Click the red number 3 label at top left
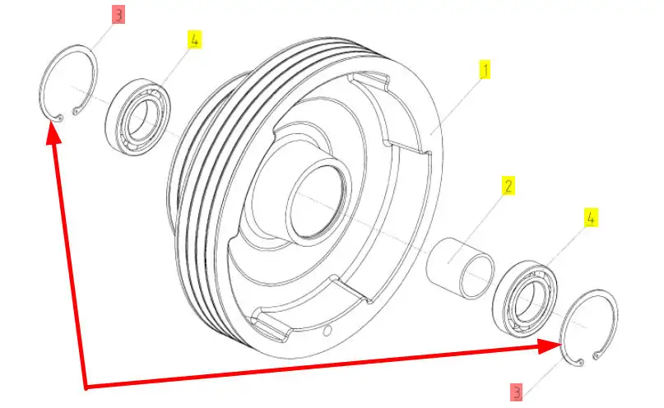[x=118, y=15]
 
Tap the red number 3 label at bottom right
[x=516, y=392]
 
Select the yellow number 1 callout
[x=485, y=70]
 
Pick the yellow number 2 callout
[x=508, y=185]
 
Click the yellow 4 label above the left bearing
[x=194, y=39]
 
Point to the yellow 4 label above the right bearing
[x=591, y=217]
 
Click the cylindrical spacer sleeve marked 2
[x=460, y=268]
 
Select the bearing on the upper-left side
[x=137, y=114]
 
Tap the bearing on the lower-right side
[x=525, y=299]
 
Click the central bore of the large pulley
[x=316, y=201]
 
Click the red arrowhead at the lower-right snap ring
[x=550, y=346]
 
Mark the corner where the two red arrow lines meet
[x=86, y=387]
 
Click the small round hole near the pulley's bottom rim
[x=327, y=331]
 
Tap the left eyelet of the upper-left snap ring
[x=60, y=118]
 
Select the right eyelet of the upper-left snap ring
[x=76, y=111]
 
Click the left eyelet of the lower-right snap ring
[x=581, y=363]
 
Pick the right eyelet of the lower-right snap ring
[x=597, y=355]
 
